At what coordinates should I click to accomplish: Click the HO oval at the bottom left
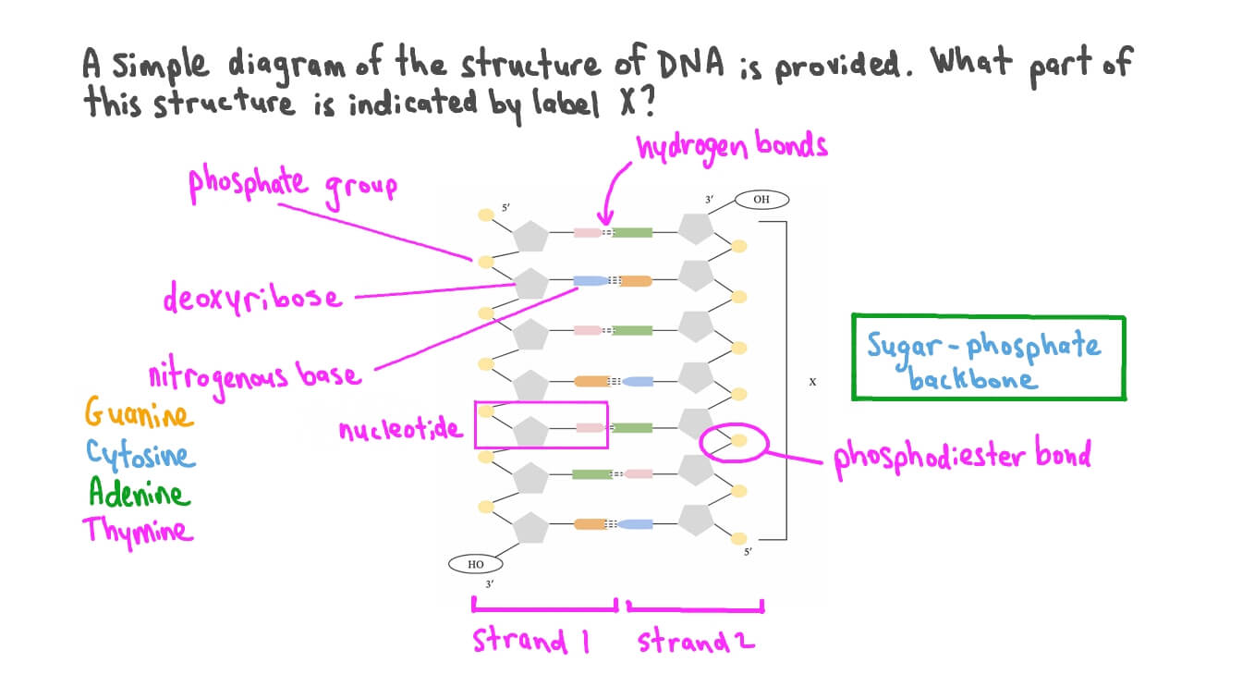tap(476, 564)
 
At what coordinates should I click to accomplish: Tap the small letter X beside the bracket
tap(812, 379)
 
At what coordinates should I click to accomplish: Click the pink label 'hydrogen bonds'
tap(731, 146)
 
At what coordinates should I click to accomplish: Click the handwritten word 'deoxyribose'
tap(251, 298)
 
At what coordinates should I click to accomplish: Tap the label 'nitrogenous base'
tap(254, 375)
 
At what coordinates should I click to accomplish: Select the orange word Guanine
tap(139, 413)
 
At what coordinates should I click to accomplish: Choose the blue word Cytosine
tap(140, 453)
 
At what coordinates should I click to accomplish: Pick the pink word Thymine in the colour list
tap(138, 531)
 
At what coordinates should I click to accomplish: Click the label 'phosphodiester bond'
tap(962, 456)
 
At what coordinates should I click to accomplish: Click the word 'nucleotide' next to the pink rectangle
tap(400, 429)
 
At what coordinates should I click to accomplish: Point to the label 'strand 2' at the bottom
tap(695, 641)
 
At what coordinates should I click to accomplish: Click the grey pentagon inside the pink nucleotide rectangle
tap(531, 430)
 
